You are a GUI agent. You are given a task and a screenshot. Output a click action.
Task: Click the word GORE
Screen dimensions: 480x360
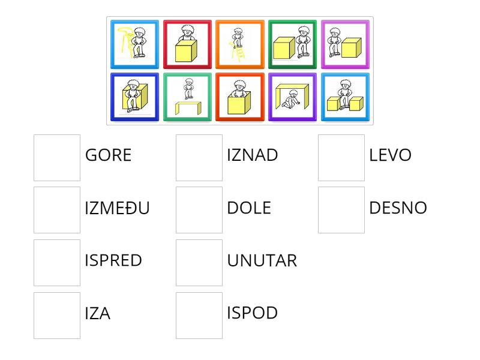click(108, 155)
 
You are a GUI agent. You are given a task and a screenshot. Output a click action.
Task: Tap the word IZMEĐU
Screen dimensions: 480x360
click(117, 208)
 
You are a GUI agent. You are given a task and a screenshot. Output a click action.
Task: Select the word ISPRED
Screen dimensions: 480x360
click(113, 260)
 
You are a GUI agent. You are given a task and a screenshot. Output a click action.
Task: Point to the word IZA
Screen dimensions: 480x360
click(98, 313)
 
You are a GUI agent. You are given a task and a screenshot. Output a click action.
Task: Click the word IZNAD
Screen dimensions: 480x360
click(253, 155)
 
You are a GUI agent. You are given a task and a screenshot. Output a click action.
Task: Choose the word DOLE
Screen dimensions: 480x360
click(249, 208)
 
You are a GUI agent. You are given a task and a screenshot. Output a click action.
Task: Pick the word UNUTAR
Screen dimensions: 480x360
click(262, 260)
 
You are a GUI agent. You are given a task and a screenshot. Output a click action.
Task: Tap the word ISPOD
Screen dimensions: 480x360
click(253, 313)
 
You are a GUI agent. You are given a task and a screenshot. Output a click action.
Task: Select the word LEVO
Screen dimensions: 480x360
click(391, 155)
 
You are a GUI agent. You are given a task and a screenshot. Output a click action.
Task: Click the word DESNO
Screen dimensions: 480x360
click(398, 208)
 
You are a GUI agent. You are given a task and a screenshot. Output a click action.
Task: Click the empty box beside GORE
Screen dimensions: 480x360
click(57, 158)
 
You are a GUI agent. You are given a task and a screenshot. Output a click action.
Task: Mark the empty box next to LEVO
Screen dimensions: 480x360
click(341, 158)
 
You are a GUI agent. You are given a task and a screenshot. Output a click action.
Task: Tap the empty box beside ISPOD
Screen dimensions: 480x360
click(199, 316)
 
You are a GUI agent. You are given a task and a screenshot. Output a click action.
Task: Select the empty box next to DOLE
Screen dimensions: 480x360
click(199, 210)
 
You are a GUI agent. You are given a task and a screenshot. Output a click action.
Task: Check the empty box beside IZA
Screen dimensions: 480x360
click(57, 316)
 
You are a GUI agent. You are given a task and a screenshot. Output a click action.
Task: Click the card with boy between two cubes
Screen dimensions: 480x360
click(345, 97)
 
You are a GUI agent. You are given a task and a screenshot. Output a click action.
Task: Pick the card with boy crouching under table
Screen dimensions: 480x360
click(292, 97)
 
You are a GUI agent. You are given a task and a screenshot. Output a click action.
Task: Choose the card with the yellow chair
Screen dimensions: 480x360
click(135, 45)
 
